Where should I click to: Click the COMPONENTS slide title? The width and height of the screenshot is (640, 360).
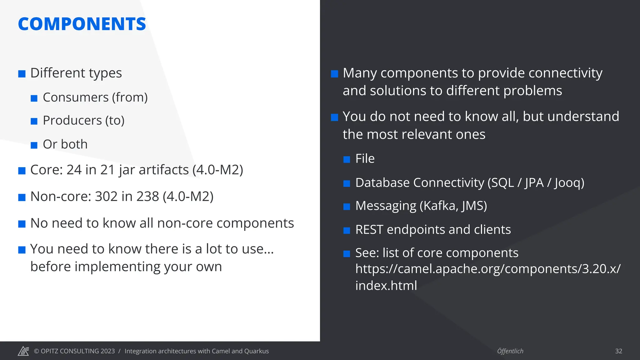coord(82,24)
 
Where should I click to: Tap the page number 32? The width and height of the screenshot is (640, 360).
coord(618,351)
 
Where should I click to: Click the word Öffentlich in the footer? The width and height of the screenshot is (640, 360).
coord(510,351)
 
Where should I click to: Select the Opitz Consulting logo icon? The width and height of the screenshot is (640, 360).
coord(23,351)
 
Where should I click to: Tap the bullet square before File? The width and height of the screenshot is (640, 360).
coord(347,160)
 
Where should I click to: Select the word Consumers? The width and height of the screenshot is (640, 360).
coord(76,97)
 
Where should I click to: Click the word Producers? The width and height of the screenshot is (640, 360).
coord(72,121)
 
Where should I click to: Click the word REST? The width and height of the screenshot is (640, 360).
coord(369,230)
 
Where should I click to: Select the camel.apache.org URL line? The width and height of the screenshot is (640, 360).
coord(487,269)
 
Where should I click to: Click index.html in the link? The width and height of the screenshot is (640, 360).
coord(386,286)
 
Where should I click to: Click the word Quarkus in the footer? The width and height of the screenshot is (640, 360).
coord(256,351)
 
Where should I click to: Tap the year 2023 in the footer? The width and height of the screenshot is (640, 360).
coord(107,351)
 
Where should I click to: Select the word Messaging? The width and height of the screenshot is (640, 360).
coord(386,206)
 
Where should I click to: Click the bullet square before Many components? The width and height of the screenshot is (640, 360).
coord(334,74)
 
